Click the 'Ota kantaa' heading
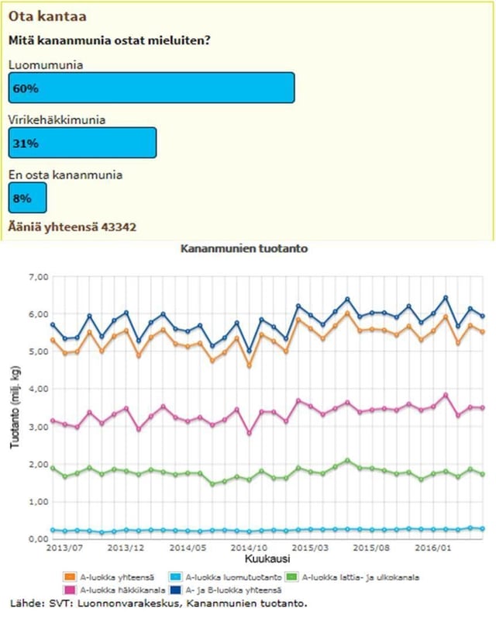click(x=46, y=16)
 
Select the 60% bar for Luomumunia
click(x=151, y=88)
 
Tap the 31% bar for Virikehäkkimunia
click(x=82, y=143)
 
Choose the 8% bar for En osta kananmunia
click(x=27, y=198)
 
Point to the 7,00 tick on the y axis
click(x=38, y=277)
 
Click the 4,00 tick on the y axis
click(x=38, y=389)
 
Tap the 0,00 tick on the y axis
click(x=38, y=538)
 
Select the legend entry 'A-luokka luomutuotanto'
click(x=226, y=576)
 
